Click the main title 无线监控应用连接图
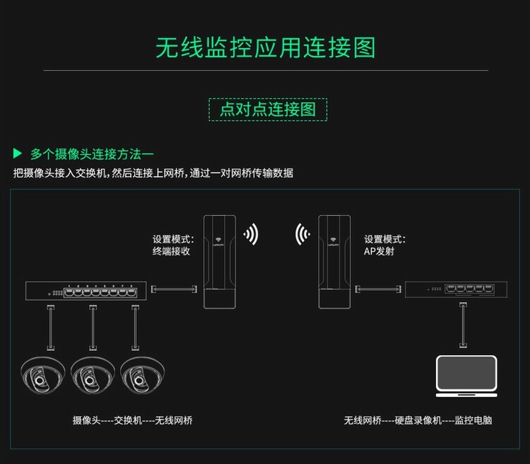(265, 47)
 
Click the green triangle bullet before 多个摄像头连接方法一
(17, 153)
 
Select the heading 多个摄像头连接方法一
(92, 154)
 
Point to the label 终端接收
(172, 251)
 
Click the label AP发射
(379, 251)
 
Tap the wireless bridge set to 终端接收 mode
(220, 262)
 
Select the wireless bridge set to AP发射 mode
(335, 262)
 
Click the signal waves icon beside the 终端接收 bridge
(251, 234)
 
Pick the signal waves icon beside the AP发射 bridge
(302, 234)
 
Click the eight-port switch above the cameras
(86, 291)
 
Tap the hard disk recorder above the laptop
(456, 289)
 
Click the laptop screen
(466, 373)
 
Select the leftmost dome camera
(42, 375)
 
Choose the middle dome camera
(93, 375)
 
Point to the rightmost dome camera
(142, 375)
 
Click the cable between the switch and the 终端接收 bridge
(174, 289)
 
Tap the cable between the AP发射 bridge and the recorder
(378, 289)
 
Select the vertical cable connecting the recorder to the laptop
(463, 325)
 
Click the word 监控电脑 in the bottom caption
(473, 420)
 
